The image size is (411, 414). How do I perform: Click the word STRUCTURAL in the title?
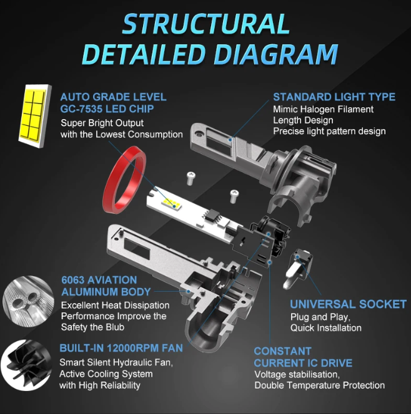[x=206, y=24]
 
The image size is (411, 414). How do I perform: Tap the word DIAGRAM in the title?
[x=276, y=54]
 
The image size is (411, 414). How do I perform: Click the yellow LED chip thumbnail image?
[x=34, y=116]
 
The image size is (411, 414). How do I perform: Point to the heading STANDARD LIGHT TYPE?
[x=334, y=97]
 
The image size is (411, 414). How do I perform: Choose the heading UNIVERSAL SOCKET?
[x=348, y=304]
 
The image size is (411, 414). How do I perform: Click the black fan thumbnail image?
[x=26, y=365]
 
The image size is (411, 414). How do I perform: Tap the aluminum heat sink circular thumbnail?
[x=28, y=301]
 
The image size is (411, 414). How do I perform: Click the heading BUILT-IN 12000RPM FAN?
[x=121, y=348]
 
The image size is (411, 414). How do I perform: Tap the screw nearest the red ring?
[x=191, y=178]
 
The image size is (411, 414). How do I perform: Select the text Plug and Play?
[x=320, y=317]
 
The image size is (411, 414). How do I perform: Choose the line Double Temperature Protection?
[x=319, y=385]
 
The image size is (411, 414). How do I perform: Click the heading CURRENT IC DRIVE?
[x=303, y=363]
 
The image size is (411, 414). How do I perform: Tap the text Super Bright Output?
[x=102, y=123]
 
